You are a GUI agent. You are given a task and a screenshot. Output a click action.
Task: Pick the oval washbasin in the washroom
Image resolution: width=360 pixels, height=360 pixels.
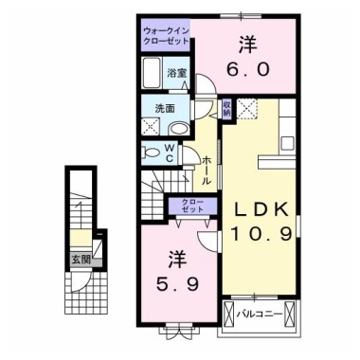pos(153,108)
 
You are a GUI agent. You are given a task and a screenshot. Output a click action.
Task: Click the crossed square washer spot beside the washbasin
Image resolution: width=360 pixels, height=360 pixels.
pos(151,127)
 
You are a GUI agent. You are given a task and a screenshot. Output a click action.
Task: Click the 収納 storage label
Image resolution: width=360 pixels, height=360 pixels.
pos(227,108)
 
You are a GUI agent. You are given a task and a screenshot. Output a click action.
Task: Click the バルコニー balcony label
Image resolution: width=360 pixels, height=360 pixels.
pos(259,313)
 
